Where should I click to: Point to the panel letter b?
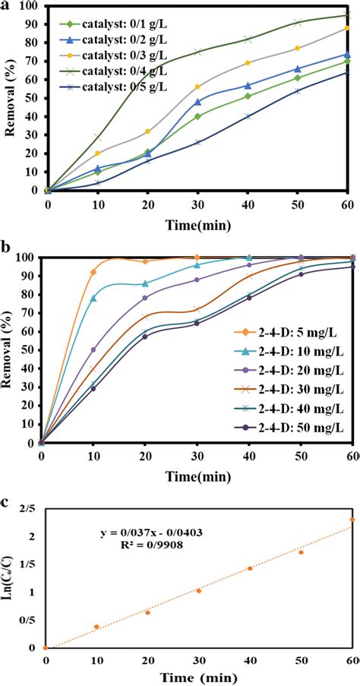[6, 248]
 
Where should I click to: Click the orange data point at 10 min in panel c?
[96, 627]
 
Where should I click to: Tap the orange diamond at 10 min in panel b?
[93, 272]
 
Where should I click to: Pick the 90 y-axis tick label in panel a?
[30, 24]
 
